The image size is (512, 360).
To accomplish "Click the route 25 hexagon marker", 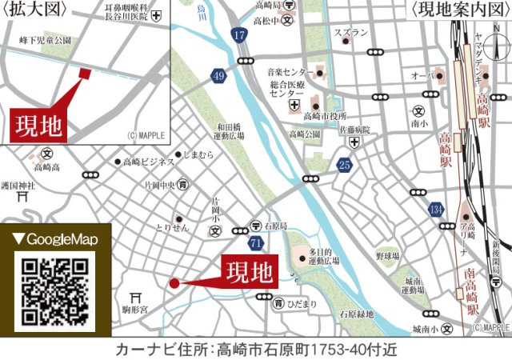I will pos(344,166).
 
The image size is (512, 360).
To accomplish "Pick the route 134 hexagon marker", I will pos(435,209).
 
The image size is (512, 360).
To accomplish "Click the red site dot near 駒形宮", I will pos(174,282).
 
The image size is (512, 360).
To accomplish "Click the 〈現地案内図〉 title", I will pos(458,10).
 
